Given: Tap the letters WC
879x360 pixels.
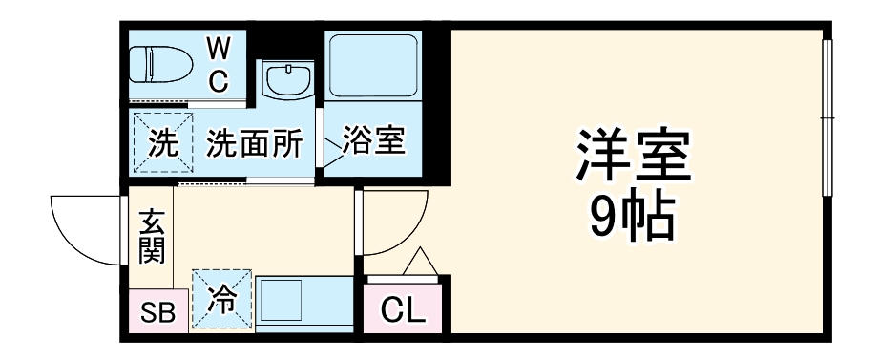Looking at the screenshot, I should click(x=220, y=64).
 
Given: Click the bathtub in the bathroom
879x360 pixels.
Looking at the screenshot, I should click(x=372, y=66).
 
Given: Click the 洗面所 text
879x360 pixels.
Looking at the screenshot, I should click(x=255, y=144).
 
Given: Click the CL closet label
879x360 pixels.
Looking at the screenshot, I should click(x=405, y=310).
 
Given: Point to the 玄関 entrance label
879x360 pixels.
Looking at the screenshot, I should click(x=153, y=236).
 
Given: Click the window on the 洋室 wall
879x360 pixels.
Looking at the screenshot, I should click(x=827, y=118).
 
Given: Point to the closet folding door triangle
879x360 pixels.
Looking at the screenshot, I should click(x=420, y=262).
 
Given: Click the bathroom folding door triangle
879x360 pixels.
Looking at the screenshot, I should click(x=331, y=144).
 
